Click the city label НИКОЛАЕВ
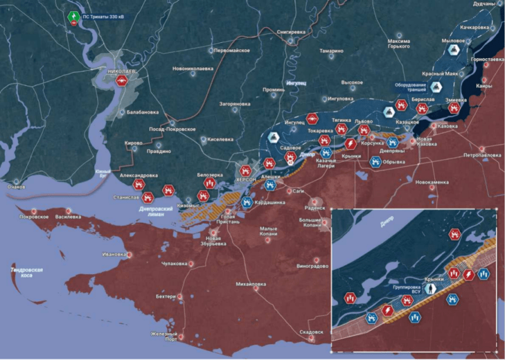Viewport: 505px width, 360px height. [122, 73]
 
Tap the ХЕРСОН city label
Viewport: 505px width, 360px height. [247, 179]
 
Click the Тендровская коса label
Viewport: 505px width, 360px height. [27, 273]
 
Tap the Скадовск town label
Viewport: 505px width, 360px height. [311, 332]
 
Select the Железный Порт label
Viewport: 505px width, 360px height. [163, 337]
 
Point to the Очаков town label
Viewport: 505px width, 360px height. [16, 188]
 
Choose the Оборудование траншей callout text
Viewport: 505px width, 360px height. [411, 87]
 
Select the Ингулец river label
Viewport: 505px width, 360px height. [296, 83]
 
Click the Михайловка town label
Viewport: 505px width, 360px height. [251, 284]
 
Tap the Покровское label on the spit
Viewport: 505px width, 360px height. [34, 216]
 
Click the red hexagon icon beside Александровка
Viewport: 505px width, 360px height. [139, 184]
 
